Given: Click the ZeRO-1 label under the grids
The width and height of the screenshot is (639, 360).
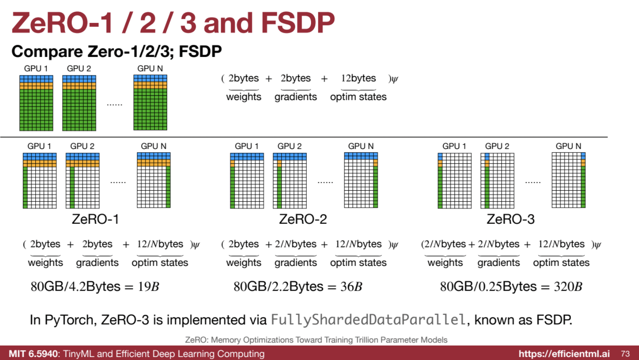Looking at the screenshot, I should (95, 219).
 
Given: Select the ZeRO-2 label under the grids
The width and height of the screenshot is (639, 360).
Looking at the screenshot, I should (303, 219).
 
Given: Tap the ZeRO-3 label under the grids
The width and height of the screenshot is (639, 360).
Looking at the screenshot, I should (511, 219).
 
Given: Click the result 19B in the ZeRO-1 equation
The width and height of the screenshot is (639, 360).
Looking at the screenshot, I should (148, 286).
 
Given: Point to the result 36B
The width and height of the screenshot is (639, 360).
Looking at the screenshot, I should (351, 286).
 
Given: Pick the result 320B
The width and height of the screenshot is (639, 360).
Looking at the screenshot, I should (568, 286).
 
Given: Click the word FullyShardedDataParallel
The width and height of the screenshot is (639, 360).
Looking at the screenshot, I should (368, 320).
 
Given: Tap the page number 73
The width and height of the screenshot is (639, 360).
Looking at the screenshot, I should (625, 354).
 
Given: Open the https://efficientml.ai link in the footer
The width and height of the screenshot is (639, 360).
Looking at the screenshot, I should (564, 354).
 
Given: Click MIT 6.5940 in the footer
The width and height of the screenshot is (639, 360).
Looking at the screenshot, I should (34, 354).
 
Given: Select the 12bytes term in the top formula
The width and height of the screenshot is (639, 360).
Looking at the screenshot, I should (358, 78).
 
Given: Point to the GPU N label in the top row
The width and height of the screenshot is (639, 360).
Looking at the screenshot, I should (150, 69).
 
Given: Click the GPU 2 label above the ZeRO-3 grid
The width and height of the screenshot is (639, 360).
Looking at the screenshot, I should (497, 146).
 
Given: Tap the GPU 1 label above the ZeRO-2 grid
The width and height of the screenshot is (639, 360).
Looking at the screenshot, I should (247, 146).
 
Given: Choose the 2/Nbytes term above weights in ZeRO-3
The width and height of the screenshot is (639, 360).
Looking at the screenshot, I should (445, 244).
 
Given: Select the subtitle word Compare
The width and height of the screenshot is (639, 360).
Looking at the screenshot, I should (47, 51).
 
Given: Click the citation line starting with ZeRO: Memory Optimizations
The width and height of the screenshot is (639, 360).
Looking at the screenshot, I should (316, 340).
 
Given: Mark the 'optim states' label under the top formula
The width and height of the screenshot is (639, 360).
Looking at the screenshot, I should (358, 97).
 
